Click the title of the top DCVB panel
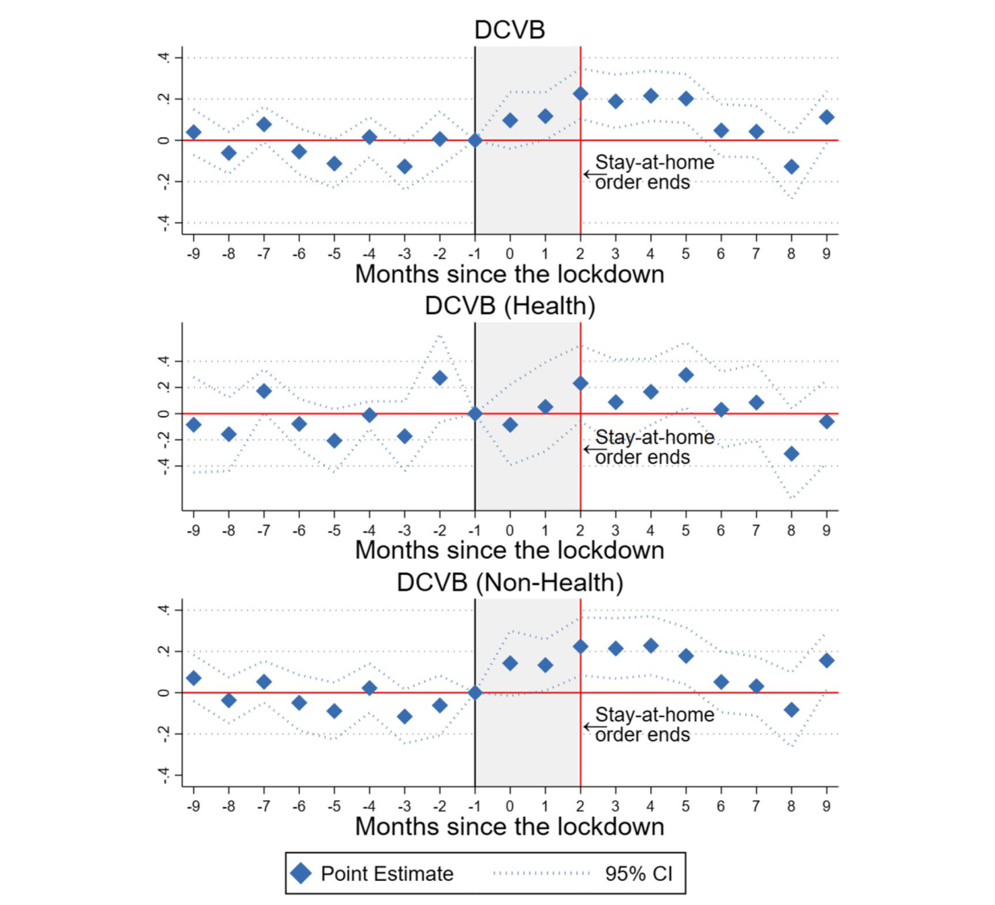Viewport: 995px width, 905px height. pyautogui.click(x=509, y=30)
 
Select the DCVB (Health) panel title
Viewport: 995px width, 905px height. pyautogui.click(x=509, y=305)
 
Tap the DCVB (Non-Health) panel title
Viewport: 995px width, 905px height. pyautogui.click(x=509, y=582)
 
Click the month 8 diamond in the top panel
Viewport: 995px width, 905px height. pyautogui.click(x=791, y=167)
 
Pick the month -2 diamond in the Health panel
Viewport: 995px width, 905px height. pyautogui.click(x=439, y=378)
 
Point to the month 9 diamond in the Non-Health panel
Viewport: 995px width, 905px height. pyautogui.click(x=827, y=661)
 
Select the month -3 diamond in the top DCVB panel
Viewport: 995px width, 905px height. pyautogui.click(x=405, y=167)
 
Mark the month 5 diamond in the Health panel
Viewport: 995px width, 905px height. pyautogui.click(x=686, y=375)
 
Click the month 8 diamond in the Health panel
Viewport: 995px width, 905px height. pyautogui.click(x=791, y=454)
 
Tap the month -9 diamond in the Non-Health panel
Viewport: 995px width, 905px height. pyautogui.click(x=193, y=678)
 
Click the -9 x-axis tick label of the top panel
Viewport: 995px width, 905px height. pyautogui.click(x=193, y=253)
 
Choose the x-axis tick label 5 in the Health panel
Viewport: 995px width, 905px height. pyautogui.click(x=686, y=530)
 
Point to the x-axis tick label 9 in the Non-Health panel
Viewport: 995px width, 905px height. pyautogui.click(x=827, y=806)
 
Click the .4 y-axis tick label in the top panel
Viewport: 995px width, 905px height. pyautogui.click(x=164, y=58)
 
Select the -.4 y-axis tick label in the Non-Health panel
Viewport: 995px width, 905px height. pyautogui.click(x=164, y=775)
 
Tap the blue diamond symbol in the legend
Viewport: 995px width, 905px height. pyautogui.click(x=301, y=873)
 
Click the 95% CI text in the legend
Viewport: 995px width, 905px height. pyautogui.click(x=638, y=873)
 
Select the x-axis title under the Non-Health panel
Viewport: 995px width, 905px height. pyautogui.click(x=509, y=826)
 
